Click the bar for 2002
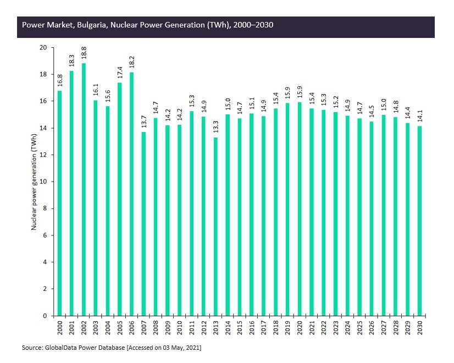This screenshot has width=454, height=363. coord(84,189)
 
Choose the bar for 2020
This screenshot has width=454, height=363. coord(299,208)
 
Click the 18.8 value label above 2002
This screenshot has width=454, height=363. coord(84,53)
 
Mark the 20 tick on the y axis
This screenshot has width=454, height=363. coord(44,48)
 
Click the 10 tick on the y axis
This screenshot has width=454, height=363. coord(44,182)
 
